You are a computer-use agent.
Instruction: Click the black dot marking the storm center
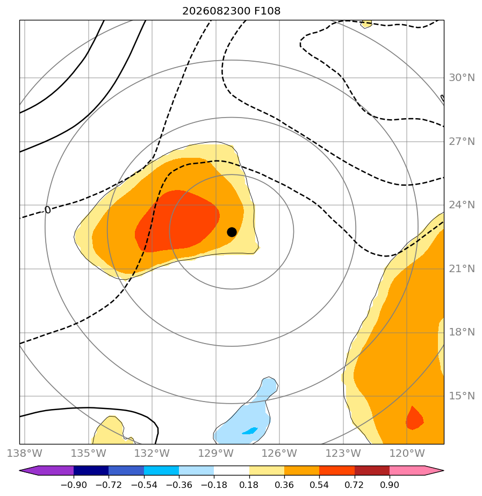pos(232,232)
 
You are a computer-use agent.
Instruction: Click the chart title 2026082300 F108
pos(231,11)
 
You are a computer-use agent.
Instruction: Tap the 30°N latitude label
pos(462,77)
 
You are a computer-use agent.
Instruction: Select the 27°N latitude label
pos(462,141)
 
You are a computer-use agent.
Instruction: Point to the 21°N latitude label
pos(462,268)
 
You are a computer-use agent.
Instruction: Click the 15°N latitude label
pos(462,396)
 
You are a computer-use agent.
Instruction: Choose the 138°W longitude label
pos(24,453)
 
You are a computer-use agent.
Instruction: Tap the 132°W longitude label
pos(152,453)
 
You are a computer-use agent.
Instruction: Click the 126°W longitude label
pos(279,453)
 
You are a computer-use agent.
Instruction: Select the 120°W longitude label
pos(407,453)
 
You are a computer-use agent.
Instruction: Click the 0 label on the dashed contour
pos(47,210)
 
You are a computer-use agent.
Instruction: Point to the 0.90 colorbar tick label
pos(389,485)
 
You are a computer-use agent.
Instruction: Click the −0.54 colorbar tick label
pos(144,485)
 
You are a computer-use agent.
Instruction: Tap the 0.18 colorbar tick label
pos(249,485)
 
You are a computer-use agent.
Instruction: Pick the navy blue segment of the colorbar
pos(91,470)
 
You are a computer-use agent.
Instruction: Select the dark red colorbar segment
pos(372,470)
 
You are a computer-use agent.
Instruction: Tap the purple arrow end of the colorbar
pos(47,470)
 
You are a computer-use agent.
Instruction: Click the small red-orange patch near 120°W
pos(414,419)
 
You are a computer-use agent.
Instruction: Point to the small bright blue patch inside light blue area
pos(250,431)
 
